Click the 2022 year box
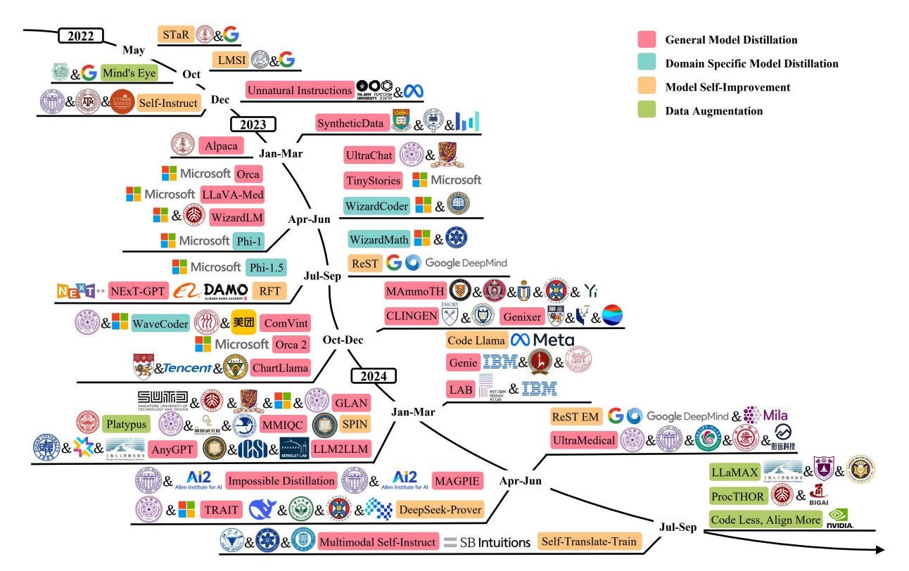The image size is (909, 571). tap(80, 37)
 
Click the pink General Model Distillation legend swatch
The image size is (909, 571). tap(647, 40)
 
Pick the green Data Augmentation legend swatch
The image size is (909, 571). tap(647, 110)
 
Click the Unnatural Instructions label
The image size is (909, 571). tap(300, 91)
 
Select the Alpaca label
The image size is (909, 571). tap(222, 146)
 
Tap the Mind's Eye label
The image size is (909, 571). tap(128, 72)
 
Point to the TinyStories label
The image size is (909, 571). tap(373, 181)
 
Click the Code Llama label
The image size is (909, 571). tap(476, 340)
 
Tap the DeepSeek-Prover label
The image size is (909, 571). tap(440, 509)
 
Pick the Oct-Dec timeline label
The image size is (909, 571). tap(343, 340)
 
